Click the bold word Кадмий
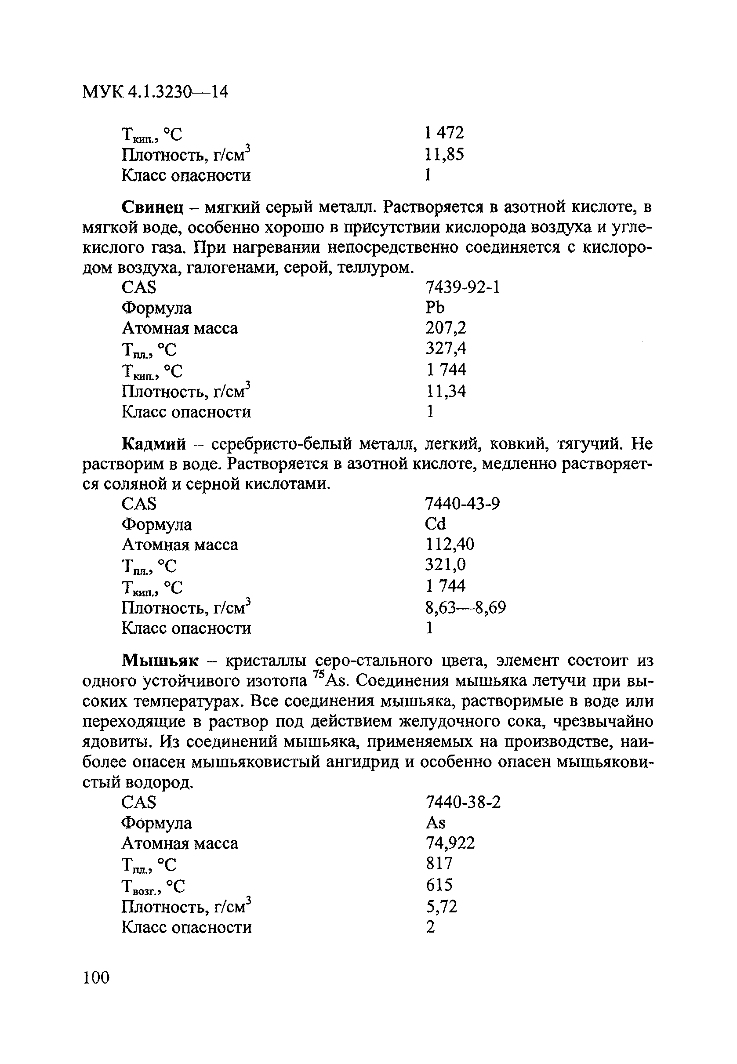(x=154, y=444)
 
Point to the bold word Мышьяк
(x=160, y=661)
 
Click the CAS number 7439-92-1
(x=462, y=288)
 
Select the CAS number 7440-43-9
(x=462, y=504)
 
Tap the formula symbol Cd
(x=435, y=524)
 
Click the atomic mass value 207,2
(x=446, y=328)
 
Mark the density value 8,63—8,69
(x=465, y=607)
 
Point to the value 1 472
(x=444, y=133)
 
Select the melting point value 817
(x=439, y=864)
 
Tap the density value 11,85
(x=444, y=154)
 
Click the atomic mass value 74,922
(x=450, y=843)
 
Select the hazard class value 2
(x=430, y=927)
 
